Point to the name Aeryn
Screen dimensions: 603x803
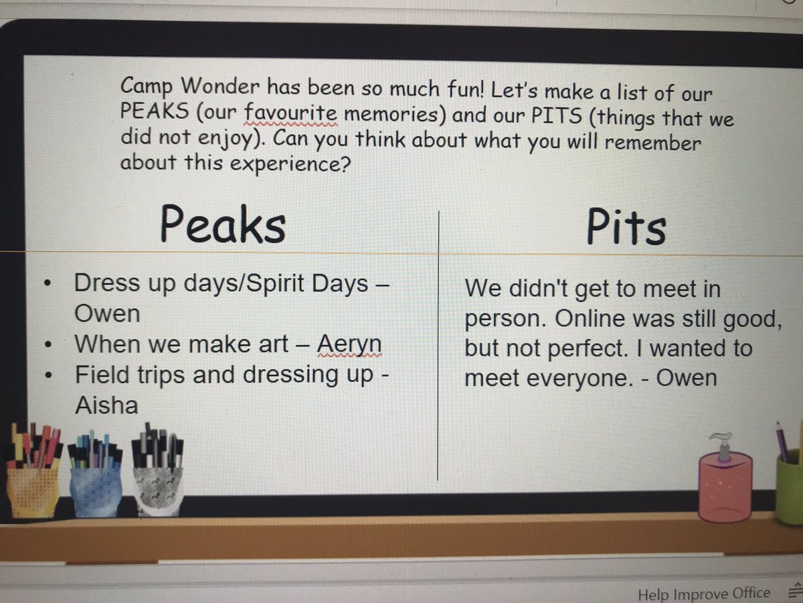click(x=349, y=344)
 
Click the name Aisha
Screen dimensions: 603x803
click(x=106, y=405)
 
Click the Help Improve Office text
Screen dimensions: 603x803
click(x=703, y=594)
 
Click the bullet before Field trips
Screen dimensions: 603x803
click(x=48, y=375)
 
